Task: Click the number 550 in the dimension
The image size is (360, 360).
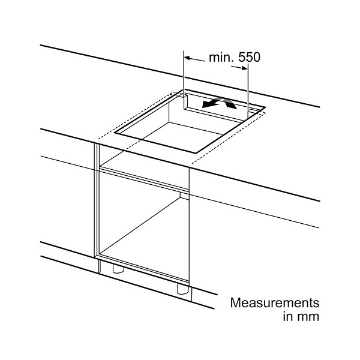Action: click(250, 57)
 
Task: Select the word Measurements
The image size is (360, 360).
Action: click(275, 302)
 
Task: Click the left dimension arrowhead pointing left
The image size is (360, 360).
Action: click(187, 58)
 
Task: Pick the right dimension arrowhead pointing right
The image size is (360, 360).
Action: click(245, 68)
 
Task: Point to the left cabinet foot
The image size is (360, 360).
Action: click(118, 269)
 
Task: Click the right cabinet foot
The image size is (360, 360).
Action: click(183, 289)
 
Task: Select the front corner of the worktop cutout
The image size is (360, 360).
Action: click(196, 153)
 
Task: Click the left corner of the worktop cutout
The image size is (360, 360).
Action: click(115, 133)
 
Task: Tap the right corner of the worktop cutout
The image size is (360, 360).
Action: click(265, 107)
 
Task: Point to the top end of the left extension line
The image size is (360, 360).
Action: click(184, 51)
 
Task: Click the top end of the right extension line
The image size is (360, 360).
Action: click(248, 64)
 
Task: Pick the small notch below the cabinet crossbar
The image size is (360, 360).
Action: click(184, 195)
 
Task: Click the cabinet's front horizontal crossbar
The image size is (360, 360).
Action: click(144, 179)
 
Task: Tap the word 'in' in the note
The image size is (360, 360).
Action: click(288, 316)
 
